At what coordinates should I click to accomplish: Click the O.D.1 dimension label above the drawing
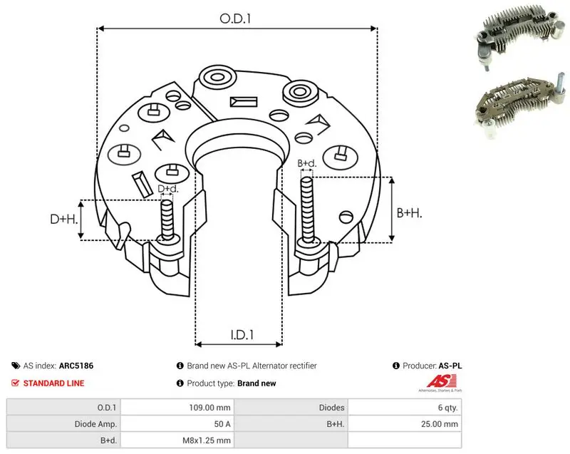tap(235, 19)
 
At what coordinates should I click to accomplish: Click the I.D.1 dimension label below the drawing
tap(242, 334)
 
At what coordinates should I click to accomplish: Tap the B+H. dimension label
tap(409, 212)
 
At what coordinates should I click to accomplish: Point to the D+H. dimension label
tap(64, 219)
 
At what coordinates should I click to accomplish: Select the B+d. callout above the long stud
tap(307, 163)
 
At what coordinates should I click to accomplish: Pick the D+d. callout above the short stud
tap(168, 189)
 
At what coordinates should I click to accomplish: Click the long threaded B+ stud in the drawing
tap(307, 211)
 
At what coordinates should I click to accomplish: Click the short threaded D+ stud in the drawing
tap(167, 220)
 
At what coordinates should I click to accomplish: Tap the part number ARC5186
tap(76, 366)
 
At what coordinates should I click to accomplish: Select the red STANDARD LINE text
tap(54, 383)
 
